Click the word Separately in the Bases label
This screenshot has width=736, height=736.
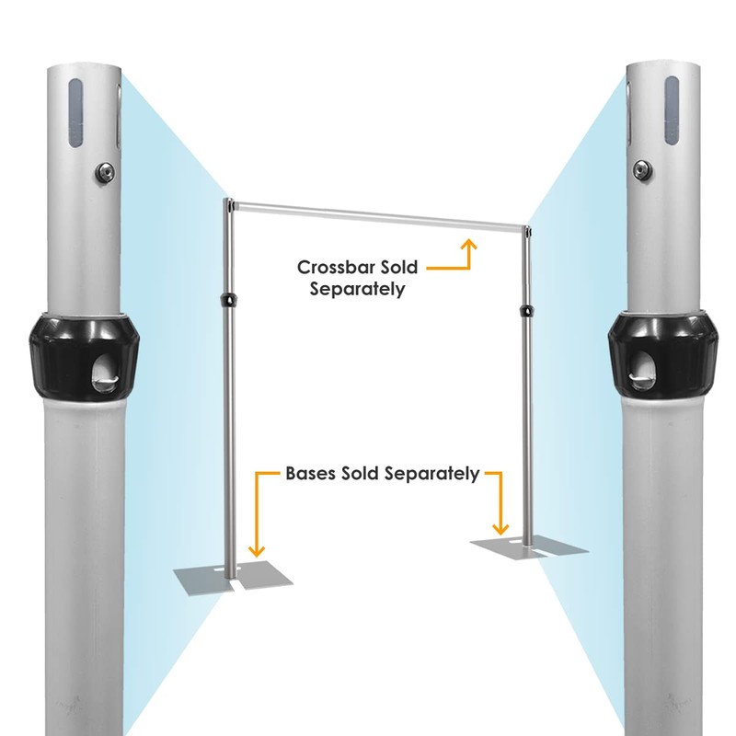(x=432, y=475)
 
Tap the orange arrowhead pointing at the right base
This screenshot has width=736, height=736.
(x=501, y=528)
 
